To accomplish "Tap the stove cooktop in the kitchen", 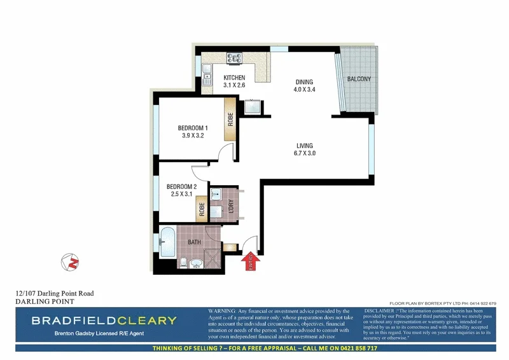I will coord(235,58).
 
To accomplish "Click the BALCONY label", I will coord(359,79).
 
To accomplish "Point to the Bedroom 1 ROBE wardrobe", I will coord(230,120).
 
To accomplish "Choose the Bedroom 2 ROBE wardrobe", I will coord(202,209).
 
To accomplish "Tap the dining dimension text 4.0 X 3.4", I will coord(303,90).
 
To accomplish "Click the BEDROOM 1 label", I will coord(193,128).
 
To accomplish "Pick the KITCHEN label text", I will coord(234,78).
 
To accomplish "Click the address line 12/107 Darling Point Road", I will coord(55,293).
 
